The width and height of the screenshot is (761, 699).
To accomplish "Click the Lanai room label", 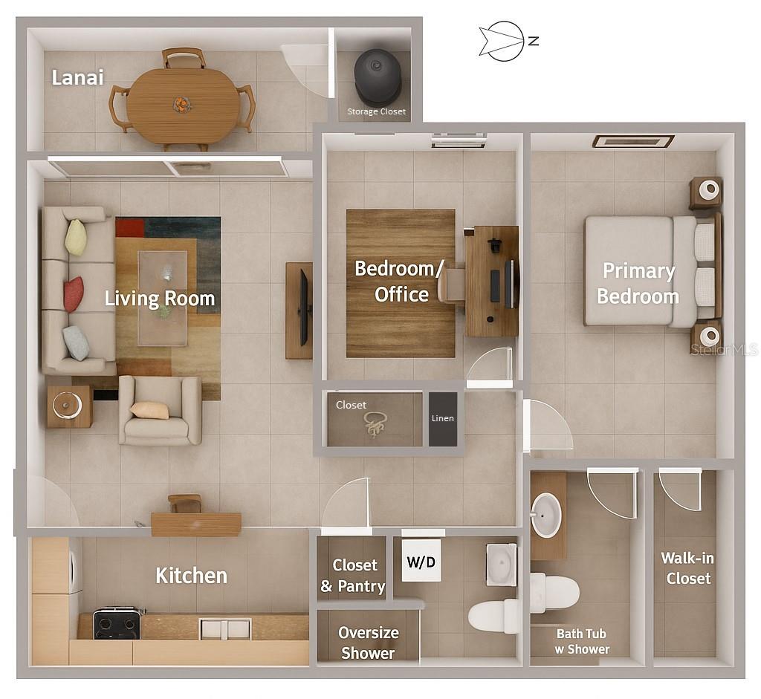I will (x=77, y=77).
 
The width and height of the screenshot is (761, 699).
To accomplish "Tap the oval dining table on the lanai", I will (x=182, y=105).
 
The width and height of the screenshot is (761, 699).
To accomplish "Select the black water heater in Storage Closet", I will (x=378, y=77).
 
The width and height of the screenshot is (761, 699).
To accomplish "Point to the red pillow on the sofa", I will (x=73, y=294).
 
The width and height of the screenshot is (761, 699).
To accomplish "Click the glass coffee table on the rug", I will (x=163, y=297).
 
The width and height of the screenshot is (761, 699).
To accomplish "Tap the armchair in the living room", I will (x=160, y=411).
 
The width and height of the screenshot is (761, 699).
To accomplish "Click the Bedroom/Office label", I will (x=401, y=281).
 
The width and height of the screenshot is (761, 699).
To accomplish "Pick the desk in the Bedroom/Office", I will (x=492, y=282).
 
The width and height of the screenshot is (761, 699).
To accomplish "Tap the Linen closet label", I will (x=442, y=418).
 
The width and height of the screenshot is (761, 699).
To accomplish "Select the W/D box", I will (x=421, y=564).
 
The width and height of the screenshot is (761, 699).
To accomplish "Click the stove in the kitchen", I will (x=117, y=624).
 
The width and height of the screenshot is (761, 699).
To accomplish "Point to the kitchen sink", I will (x=225, y=628).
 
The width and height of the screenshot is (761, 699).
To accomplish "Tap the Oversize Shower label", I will (x=368, y=643).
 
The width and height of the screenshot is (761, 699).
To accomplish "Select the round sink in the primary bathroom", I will (x=546, y=515).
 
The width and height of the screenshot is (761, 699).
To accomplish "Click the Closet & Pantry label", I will (x=353, y=576).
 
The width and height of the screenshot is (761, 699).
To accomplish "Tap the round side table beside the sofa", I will (x=70, y=406).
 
